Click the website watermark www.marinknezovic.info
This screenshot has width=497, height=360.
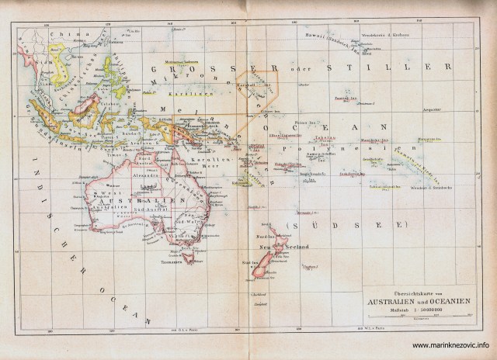(x=450, y=345)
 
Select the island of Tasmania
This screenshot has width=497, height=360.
(x=186, y=253)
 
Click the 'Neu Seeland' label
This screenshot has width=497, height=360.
(x=283, y=247)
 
